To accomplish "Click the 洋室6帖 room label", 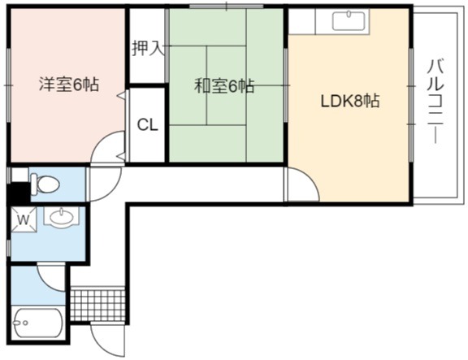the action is click(x=69, y=85).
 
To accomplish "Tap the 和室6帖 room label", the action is click(x=224, y=86).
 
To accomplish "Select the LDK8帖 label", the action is click(x=350, y=101).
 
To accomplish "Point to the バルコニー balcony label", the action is click(x=436, y=102).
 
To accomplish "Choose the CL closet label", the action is click(x=147, y=125).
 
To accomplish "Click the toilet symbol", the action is click(x=45, y=184).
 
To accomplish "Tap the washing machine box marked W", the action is click(x=24, y=219).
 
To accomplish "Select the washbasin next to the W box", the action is click(x=61, y=217).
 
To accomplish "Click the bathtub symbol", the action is click(x=38, y=323).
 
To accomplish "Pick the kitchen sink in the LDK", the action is click(x=349, y=21).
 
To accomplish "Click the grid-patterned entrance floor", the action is click(x=97, y=305).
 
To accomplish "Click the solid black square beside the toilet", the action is click(x=18, y=193).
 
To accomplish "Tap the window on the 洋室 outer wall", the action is click(x=9, y=85).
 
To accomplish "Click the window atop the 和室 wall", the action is click(x=226, y=6).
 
